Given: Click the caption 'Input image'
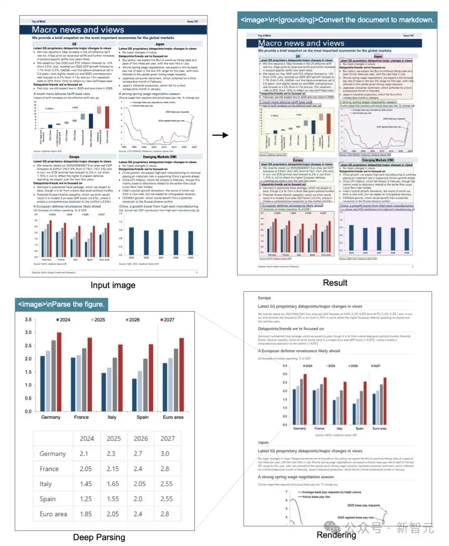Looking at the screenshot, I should tap(113, 285).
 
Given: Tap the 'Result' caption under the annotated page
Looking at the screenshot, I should tap(335, 283).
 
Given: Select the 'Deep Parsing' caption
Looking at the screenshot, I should tap(99, 537).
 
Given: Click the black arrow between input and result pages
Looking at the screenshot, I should tap(220, 135).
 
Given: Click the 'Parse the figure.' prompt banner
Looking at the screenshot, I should tap(61, 304).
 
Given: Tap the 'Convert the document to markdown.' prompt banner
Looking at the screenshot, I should tap(337, 20).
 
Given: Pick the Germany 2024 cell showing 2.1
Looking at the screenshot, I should tap(84, 454).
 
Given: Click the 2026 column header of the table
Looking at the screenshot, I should tap(141, 439).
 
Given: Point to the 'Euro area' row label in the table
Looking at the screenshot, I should tap(53, 514).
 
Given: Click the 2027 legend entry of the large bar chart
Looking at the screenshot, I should tap(167, 320).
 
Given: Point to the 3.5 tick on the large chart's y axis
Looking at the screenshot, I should tap(28, 320).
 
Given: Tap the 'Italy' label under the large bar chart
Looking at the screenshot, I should tap(112, 417).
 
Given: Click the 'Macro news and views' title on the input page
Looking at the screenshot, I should tap(78, 30).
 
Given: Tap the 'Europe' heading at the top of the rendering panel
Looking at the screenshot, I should tap(264, 298).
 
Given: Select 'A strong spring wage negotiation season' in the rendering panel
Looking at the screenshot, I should tap(295, 477).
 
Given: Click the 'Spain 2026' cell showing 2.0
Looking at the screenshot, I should tap(138, 499).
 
